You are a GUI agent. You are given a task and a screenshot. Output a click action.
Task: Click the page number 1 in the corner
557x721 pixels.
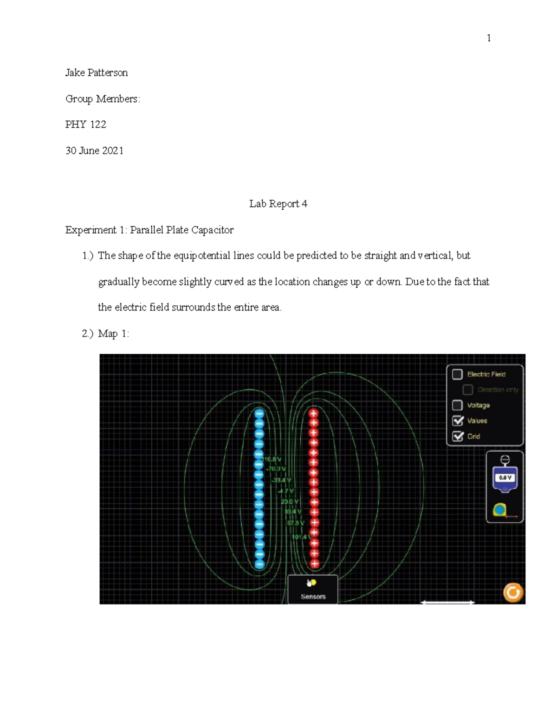tap(489, 38)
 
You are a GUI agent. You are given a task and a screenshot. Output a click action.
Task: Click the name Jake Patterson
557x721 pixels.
tap(97, 73)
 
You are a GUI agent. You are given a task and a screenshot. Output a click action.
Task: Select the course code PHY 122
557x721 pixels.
tap(86, 124)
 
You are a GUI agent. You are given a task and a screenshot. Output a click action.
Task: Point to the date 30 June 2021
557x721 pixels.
tap(94, 150)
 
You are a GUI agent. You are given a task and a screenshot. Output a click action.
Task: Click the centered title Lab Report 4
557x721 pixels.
tap(278, 204)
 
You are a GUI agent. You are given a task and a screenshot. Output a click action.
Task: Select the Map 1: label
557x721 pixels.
tap(113, 334)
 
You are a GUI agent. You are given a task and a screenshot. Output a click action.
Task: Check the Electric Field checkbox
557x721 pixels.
tap(458, 374)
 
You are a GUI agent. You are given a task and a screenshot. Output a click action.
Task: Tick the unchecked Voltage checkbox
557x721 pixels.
tap(458, 405)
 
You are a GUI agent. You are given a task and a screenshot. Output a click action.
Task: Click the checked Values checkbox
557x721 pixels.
tap(458, 421)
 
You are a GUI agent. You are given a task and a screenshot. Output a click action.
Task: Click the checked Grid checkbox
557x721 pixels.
tap(458, 436)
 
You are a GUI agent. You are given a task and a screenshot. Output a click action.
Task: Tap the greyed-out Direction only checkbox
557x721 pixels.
tap(468, 390)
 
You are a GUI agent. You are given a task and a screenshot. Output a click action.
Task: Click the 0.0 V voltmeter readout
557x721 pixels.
tap(505, 477)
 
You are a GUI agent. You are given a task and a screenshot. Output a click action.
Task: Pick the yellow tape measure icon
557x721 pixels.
tap(500, 510)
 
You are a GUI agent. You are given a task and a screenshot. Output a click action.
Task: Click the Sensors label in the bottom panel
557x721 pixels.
tap(313, 597)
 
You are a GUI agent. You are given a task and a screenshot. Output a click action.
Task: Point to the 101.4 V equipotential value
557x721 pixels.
tap(301, 537)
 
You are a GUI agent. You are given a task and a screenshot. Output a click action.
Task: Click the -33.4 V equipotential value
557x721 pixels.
tap(281, 480)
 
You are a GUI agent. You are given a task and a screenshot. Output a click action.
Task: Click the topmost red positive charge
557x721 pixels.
tap(314, 413)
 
